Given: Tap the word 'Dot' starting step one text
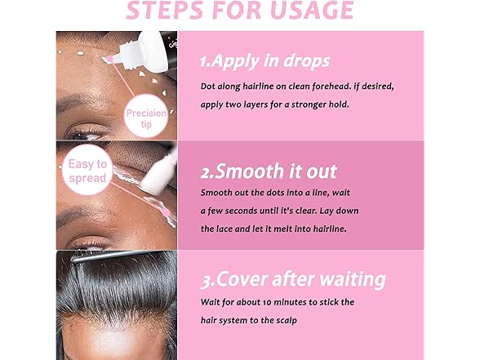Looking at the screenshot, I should pos(209,86).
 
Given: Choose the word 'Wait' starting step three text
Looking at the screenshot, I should pos(211,302).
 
